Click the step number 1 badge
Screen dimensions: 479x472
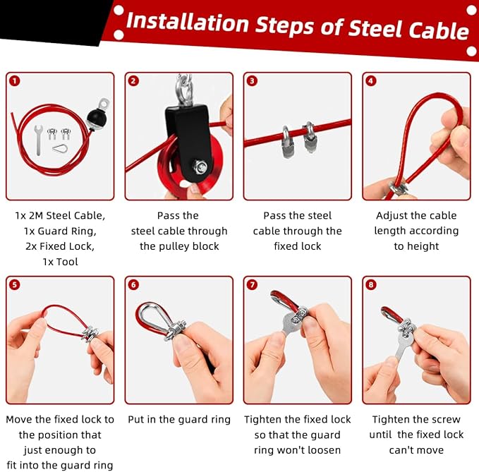[x=15, y=81]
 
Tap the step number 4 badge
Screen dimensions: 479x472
[x=371, y=81]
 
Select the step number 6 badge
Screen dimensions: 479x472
[x=133, y=285]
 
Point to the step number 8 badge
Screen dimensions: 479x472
[x=371, y=285]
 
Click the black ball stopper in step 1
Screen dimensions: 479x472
[x=96, y=118]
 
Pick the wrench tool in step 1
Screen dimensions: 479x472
[x=38, y=140]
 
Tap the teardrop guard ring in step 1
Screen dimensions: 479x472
[x=60, y=149]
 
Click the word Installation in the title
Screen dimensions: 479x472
[x=188, y=22]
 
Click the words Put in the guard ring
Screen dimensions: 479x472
[x=179, y=420]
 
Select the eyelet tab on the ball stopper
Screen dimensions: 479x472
[x=104, y=104]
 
